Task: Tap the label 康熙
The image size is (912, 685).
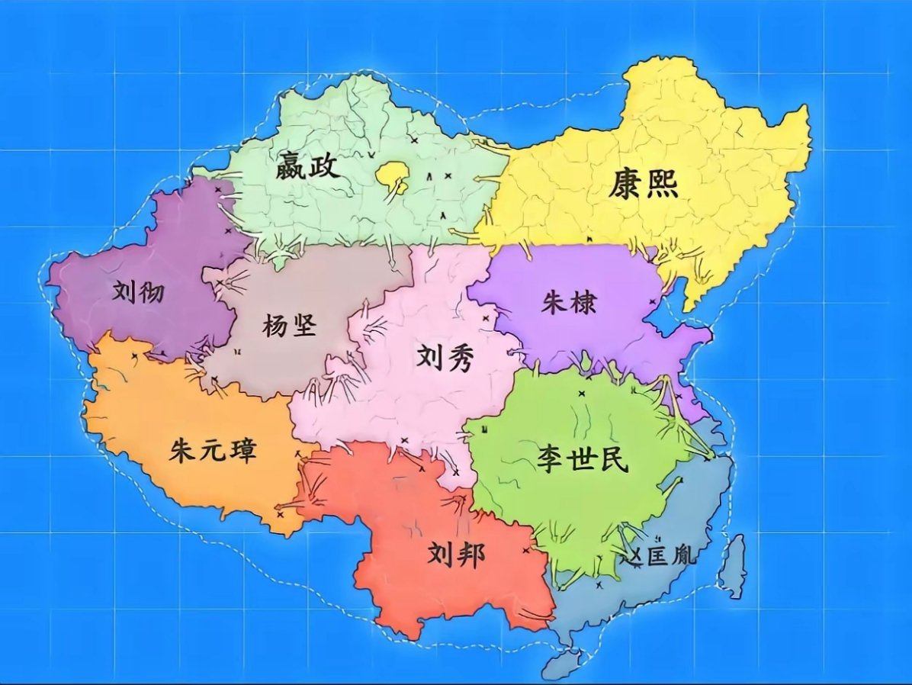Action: click(x=642, y=185)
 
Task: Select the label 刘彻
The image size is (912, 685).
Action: click(x=137, y=291)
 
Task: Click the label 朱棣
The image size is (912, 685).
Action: click(x=569, y=303)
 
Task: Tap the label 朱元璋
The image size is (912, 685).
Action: click(x=213, y=451)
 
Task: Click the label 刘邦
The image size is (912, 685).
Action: click(x=456, y=555)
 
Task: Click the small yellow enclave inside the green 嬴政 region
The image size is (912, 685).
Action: click(x=392, y=175)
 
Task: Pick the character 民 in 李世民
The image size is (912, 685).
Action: click(x=612, y=459)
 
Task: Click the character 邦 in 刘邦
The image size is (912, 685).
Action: click(x=470, y=555)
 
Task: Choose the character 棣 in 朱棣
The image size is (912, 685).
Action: click(x=583, y=303)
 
